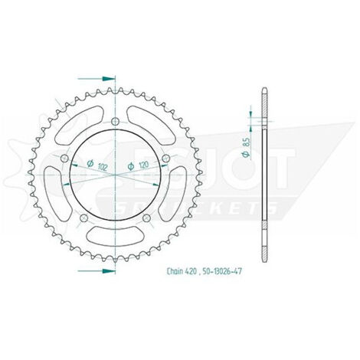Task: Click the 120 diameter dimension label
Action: pyautogui.click(x=138, y=165)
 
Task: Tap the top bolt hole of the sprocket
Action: pyautogui.click(x=116, y=121)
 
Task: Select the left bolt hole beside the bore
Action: pyautogui.click(x=65, y=158)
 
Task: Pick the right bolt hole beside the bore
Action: pyautogui.click(x=166, y=158)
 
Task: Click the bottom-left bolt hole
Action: pyautogui.click(x=84, y=218)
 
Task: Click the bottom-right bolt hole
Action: pyautogui.click(x=146, y=218)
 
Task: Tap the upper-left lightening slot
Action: pyautogui.click(x=80, y=126)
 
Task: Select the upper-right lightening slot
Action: pyautogui.click(x=151, y=126)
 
